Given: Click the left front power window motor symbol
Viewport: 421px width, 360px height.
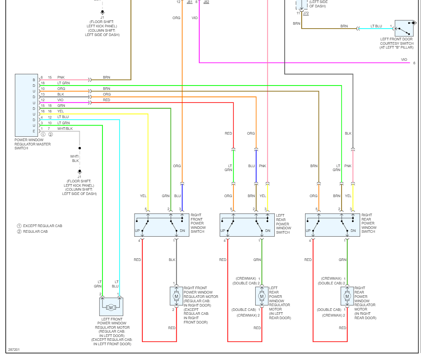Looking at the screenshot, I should pos(111,307).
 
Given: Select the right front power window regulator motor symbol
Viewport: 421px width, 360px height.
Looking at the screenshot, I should pos(176,296).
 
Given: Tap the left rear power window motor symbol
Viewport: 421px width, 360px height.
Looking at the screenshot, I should pos(262,296).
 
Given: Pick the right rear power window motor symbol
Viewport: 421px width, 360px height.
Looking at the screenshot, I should pos(347,296).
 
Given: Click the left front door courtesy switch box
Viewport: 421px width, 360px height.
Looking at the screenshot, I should pos(404,29).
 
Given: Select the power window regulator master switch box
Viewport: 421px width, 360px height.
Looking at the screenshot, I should pos(26,106).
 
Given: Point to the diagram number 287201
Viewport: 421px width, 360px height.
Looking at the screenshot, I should pos(13,350).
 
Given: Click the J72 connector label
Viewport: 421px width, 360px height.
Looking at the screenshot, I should pos(306,13).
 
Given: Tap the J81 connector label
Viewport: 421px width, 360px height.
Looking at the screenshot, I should pos(190,2).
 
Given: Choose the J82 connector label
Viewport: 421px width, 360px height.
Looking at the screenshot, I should pos(206,2).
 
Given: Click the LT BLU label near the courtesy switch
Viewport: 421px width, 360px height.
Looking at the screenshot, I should pos(376,26).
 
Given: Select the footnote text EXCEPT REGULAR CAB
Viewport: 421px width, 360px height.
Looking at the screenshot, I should pos(43,226).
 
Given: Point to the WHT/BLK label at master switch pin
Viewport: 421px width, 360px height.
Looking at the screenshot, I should pos(65,129).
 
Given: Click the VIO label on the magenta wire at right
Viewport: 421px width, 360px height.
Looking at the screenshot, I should pos(404,59).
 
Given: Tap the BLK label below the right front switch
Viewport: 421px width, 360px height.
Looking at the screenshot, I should pos(172,260).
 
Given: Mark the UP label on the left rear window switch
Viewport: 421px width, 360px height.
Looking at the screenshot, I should pos(223,231).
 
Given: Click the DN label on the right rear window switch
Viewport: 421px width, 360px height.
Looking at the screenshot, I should pos(353,231).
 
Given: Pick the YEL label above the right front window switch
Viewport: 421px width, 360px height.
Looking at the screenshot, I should pos(143,196).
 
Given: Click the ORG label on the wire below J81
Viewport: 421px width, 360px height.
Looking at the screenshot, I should pos(176,18).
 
